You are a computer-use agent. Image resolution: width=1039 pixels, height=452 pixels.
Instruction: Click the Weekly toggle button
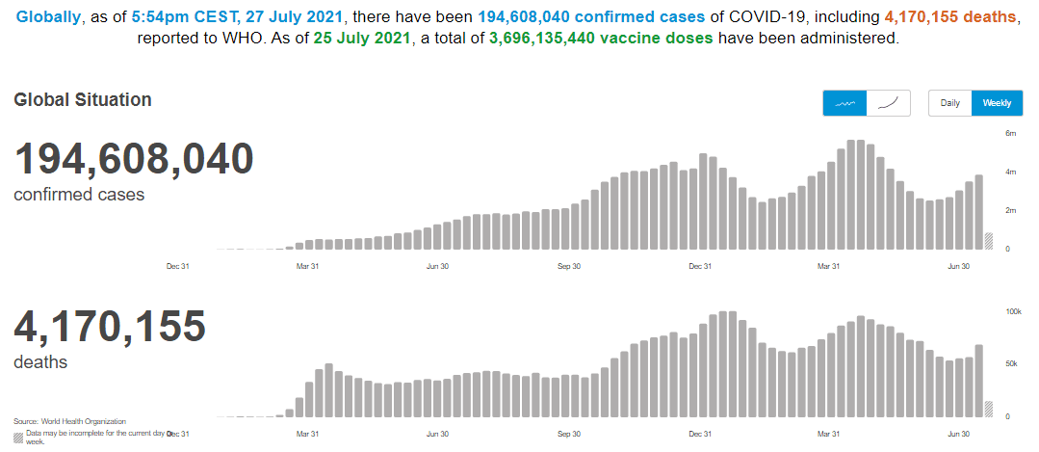[x=997, y=103]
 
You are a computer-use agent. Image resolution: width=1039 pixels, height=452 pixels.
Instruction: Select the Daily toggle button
[x=949, y=103]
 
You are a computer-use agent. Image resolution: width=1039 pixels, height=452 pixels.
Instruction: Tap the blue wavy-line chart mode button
[x=844, y=103]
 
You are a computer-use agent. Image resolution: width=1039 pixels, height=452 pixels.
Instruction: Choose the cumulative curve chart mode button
[x=889, y=103]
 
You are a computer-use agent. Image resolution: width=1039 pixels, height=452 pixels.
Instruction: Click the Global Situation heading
[x=83, y=99]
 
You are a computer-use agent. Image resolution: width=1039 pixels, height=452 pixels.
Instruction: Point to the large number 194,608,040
[x=134, y=159]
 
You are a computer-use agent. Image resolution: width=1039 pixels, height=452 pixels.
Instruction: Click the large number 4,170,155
[x=110, y=327]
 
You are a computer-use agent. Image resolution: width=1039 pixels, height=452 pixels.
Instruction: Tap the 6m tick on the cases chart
[x=1011, y=133]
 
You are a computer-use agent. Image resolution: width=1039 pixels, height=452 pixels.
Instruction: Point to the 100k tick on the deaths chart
[x=1013, y=312]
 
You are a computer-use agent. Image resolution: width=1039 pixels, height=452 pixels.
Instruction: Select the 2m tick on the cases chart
[x=1011, y=210]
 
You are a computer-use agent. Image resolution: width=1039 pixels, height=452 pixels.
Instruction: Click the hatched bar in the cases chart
[x=988, y=241]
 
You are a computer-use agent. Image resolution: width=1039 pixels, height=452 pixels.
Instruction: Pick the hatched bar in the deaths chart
[x=988, y=409]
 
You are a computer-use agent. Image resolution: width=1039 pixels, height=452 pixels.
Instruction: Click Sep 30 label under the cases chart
[x=569, y=266]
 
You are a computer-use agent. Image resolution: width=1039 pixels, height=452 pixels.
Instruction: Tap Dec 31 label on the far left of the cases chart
[x=177, y=266]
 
